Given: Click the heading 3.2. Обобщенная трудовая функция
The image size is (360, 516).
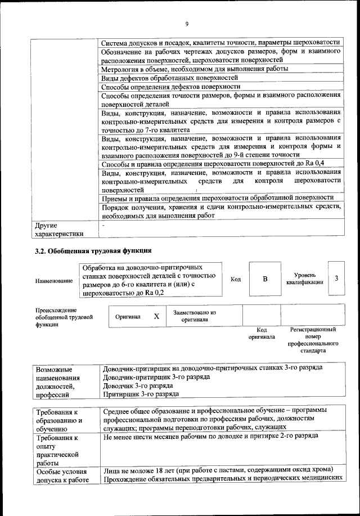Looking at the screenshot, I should pyautogui.click(x=93, y=250).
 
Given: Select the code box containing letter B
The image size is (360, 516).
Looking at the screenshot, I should pyautogui.click(x=265, y=279).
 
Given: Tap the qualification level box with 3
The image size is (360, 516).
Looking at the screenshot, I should pyautogui.click(x=336, y=278).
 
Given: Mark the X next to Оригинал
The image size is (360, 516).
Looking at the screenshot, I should pyautogui.click(x=156, y=316).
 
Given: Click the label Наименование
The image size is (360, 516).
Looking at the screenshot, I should pyautogui.click(x=54, y=280).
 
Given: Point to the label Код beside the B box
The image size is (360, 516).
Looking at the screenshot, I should pyautogui.click(x=236, y=279).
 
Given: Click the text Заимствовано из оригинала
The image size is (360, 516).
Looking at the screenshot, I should pyautogui.click(x=195, y=316).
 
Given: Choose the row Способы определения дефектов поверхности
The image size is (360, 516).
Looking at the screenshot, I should pyautogui.click(x=171, y=87).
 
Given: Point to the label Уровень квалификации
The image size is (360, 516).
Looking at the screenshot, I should pyautogui.click(x=304, y=279).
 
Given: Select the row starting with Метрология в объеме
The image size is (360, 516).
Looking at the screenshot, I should pyautogui.click(x=195, y=69).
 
